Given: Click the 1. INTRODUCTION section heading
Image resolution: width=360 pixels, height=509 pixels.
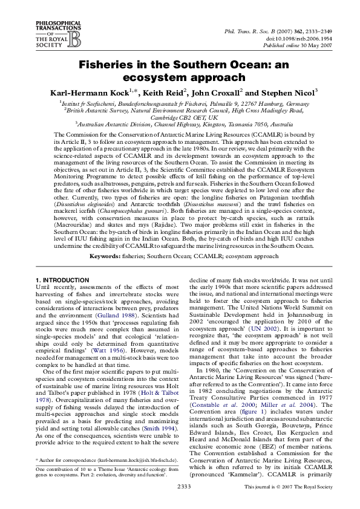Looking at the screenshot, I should click(62, 280).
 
